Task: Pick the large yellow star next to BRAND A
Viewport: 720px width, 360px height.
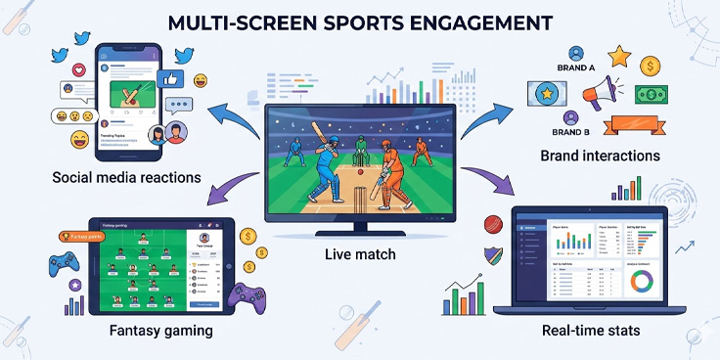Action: click(x=617, y=56)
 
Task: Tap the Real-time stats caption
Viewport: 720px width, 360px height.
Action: click(x=591, y=331)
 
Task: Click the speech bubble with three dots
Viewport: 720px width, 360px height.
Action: click(x=179, y=105)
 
